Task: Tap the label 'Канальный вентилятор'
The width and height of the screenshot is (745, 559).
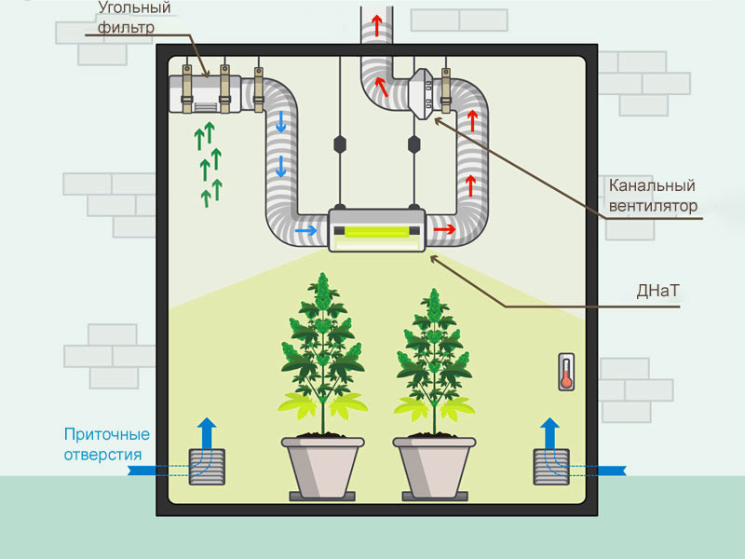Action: click(x=651, y=195)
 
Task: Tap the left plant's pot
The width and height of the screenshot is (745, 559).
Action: click(x=322, y=465)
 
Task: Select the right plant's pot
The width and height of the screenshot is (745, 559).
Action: click(x=434, y=465)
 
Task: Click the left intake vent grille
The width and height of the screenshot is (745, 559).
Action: click(x=207, y=467)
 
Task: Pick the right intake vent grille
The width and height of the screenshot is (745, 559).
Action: click(x=550, y=466)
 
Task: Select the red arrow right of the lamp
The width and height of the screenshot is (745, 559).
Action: click(x=444, y=228)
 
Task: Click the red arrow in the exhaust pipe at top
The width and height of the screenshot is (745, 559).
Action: click(x=377, y=25)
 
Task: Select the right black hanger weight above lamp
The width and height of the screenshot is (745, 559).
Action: click(x=414, y=145)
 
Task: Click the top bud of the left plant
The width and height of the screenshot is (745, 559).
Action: click(x=322, y=284)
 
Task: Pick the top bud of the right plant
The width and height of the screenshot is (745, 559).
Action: click(x=433, y=300)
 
